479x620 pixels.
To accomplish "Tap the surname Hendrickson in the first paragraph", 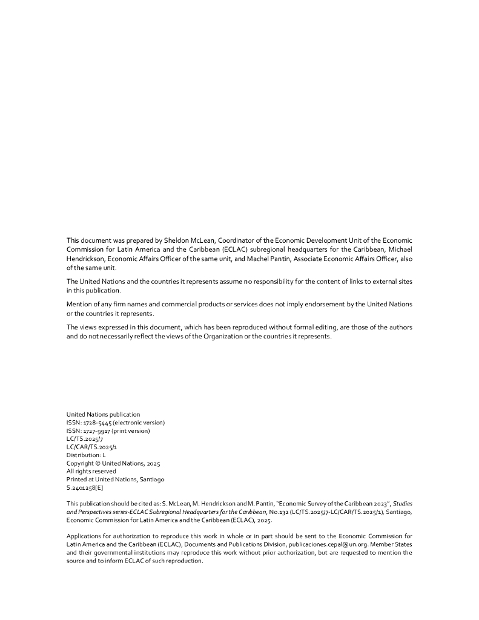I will click(x=87, y=258).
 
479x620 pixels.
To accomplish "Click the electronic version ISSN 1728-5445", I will click(x=99, y=423).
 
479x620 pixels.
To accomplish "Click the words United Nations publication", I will click(x=103, y=414).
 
